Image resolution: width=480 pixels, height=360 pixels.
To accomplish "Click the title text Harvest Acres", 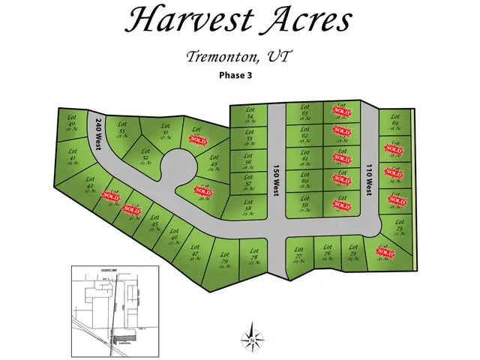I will click(238, 20).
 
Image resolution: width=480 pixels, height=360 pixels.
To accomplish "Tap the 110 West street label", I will click(369, 181).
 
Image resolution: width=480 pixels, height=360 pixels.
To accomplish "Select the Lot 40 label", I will click(72, 120).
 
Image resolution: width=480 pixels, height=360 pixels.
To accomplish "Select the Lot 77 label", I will click(298, 253).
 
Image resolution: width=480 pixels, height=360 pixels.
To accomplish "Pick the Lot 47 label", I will click(195, 251).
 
